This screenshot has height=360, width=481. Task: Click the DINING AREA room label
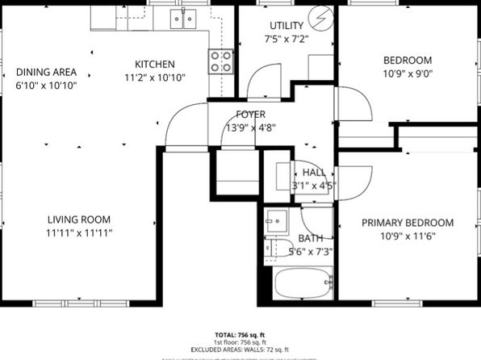pyautogui.click(x=46, y=71)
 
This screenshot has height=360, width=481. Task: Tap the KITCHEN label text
pyautogui.click(x=155, y=65)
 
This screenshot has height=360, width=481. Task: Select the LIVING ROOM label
pyautogui.click(x=78, y=220)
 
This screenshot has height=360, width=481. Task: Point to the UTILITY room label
pyautogui.click(x=287, y=26)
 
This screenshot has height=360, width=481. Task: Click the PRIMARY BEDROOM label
pyautogui.click(x=407, y=223)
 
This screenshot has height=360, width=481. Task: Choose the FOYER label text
pyautogui.click(x=251, y=115)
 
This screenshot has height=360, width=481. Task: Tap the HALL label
pyautogui.click(x=314, y=172)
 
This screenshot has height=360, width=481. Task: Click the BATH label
pyautogui.click(x=311, y=238)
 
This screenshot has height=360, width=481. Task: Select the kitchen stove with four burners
pyautogui.click(x=221, y=61)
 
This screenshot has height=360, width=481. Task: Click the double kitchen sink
pyautogui.click(x=186, y=19)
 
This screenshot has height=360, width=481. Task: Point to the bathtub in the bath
pyautogui.click(x=303, y=284)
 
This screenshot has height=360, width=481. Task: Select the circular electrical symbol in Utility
pyautogui.click(x=324, y=16)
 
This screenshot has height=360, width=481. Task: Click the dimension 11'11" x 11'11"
pyautogui.click(x=78, y=232)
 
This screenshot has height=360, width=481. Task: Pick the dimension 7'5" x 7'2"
pyautogui.click(x=287, y=39)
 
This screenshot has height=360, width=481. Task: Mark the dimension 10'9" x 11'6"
pyautogui.click(x=407, y=236)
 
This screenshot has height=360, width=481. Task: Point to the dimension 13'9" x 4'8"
pyautogui.click(x=251, y=127)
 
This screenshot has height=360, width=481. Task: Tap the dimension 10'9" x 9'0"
pyautogui.click(x=407, y=73)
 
